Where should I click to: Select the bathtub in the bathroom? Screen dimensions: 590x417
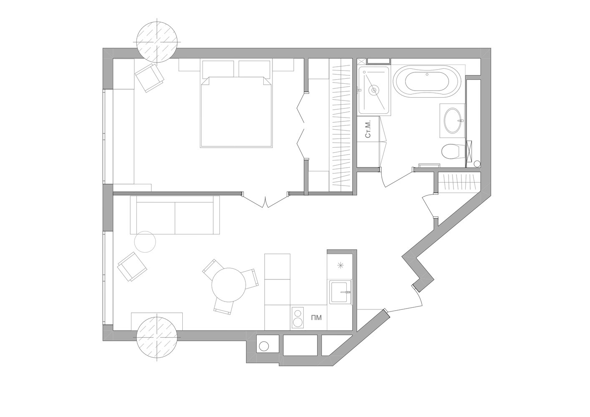click(427, 82)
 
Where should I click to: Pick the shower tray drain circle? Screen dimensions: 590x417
click(373, 90)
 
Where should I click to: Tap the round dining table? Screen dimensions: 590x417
click(229, 285)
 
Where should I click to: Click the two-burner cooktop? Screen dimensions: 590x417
click(298, 318)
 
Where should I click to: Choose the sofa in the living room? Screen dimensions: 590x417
click(175, 215)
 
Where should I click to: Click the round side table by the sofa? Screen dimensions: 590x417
click(145, 242)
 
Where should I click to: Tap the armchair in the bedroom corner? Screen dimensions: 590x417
click(149, 78)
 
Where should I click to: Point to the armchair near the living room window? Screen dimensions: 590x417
click(132, 267)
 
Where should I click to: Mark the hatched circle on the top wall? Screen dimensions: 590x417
click(157, 42)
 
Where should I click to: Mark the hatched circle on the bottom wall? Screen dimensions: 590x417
click(157, 337)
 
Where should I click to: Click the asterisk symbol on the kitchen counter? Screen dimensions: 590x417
click(340, 266)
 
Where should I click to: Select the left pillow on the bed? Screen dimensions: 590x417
click(218, 69)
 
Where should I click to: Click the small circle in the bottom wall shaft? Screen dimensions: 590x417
click(264, 346)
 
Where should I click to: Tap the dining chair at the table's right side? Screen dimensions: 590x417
click(251, 279)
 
